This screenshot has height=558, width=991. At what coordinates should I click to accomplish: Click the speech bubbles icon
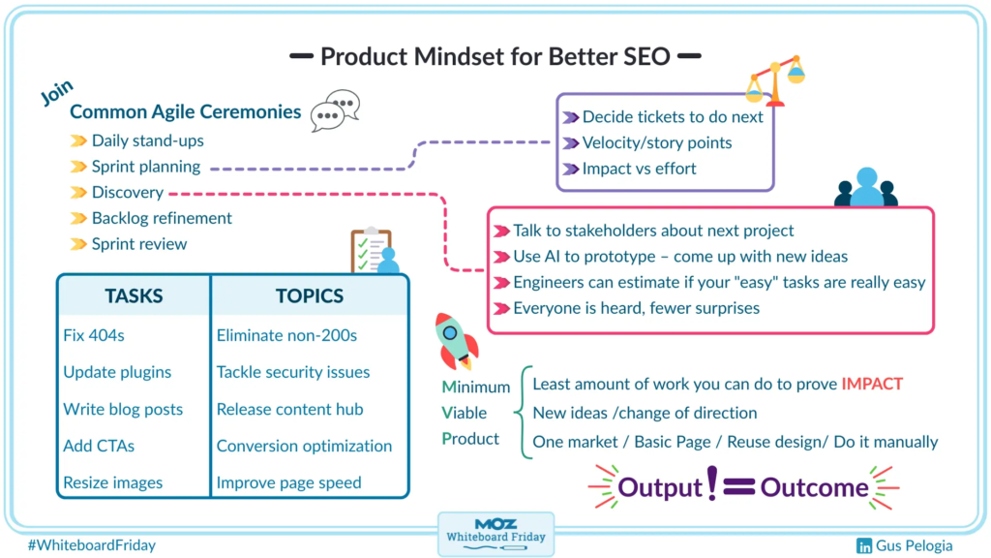click(335, 110)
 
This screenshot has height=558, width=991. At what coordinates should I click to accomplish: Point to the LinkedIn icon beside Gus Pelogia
click(864, 545)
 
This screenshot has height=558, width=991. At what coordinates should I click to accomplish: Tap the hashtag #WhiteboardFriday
click(92, 545)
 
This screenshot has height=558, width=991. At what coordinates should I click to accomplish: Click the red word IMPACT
click(872, 384)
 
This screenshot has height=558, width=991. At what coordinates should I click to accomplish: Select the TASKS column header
click(134, 295)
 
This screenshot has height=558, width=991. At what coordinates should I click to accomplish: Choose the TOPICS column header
click(309, 295)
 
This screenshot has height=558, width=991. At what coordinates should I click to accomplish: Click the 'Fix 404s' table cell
click(94, 336)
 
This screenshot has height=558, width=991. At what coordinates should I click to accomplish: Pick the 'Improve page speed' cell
click(288, 482)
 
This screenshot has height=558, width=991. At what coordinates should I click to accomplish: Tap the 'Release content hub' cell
click(289, 409)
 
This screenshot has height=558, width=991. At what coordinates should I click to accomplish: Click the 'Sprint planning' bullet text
click(145, 167)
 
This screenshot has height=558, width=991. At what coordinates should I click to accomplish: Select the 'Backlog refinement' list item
click(162, 218)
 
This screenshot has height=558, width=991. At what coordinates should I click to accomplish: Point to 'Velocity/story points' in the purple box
click(656, 142)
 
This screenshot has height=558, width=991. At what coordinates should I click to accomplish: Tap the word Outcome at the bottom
click(814, 486)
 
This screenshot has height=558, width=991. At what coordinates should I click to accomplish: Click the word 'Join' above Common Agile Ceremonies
click(57, 92)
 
